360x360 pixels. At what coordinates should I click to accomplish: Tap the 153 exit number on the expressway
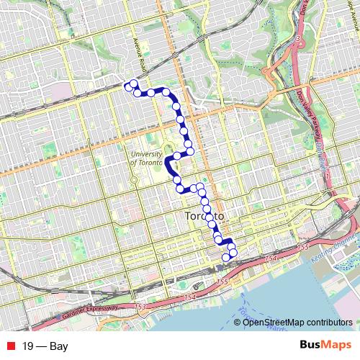click(x=139, y=307)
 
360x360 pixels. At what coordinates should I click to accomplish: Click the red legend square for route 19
click(x=10, y=346)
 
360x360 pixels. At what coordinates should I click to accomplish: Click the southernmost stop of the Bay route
click(x=225, y=257)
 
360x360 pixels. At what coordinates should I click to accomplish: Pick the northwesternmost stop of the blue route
click(x=127, y=86)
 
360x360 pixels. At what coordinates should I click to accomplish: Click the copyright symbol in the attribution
click(x=238, y=323)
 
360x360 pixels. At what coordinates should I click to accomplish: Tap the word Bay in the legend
click(x=58, y=346)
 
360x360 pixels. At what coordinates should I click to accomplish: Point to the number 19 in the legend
click(x=28, y=346)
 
